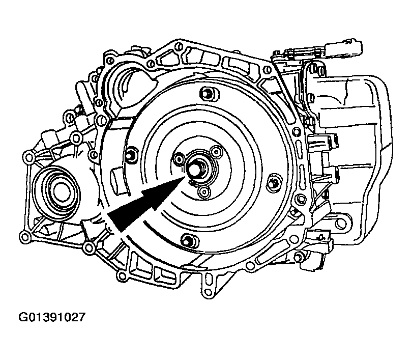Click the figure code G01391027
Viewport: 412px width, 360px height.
52,317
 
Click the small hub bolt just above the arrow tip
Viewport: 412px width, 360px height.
179,159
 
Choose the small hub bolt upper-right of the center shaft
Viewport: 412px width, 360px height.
216,151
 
